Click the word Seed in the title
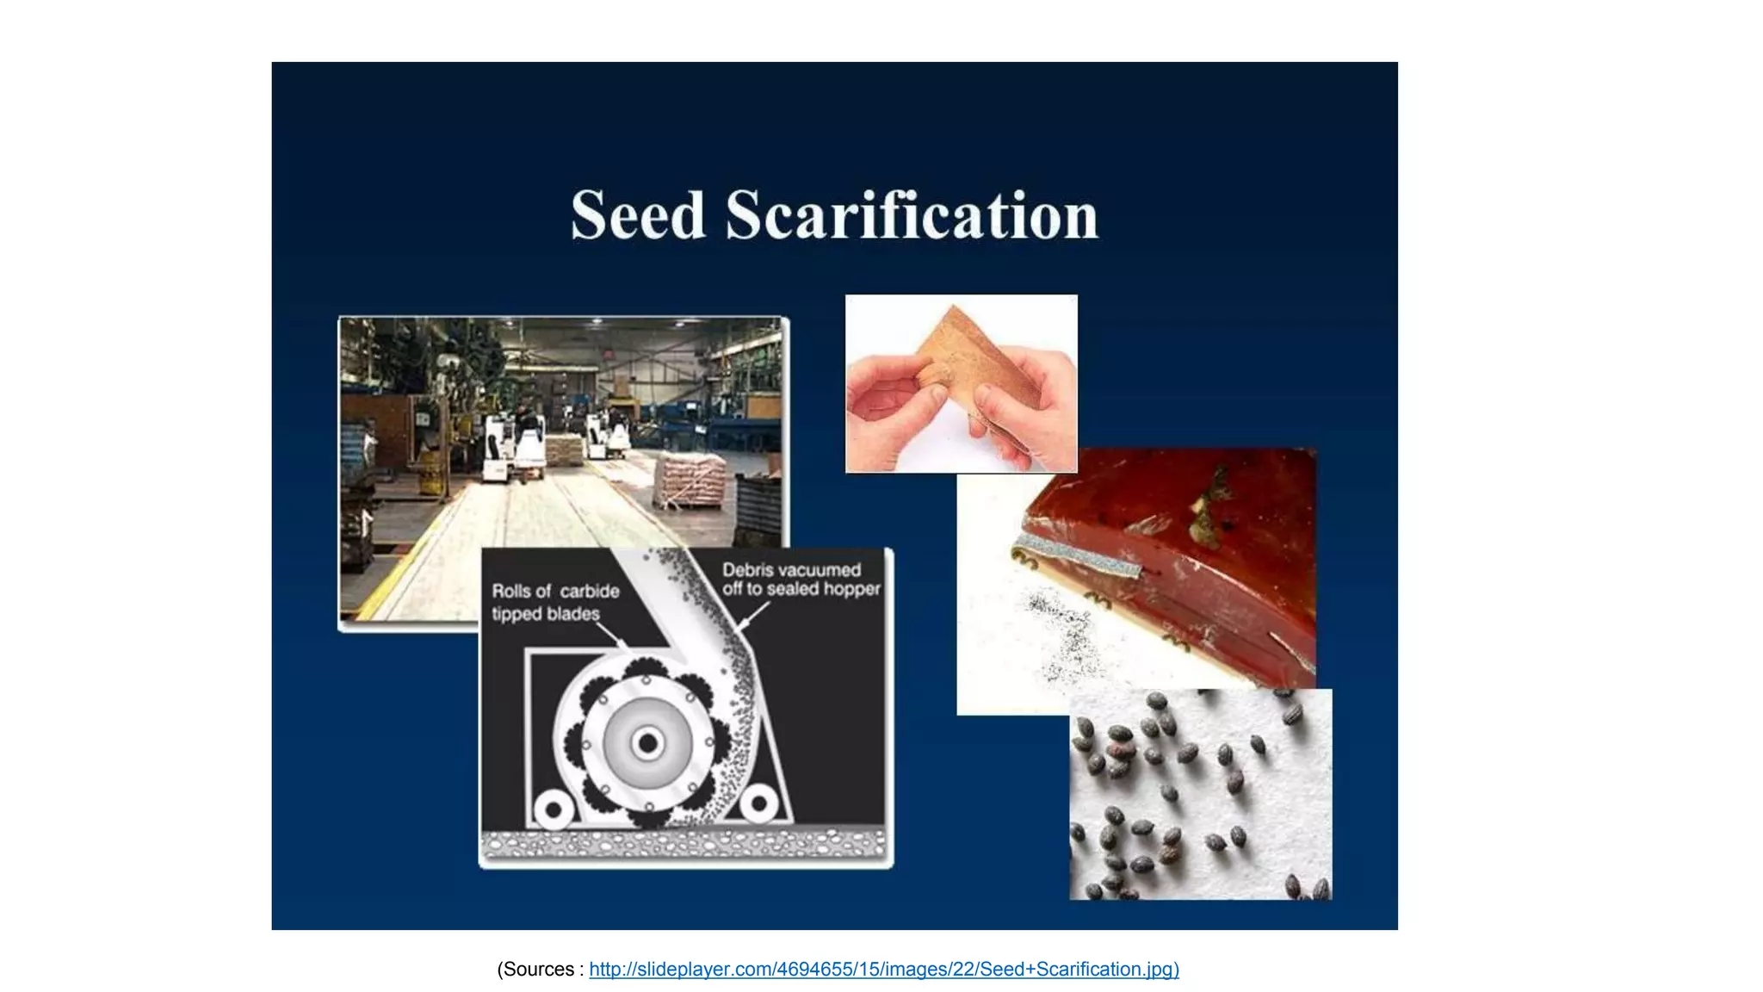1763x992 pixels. click(638, 214)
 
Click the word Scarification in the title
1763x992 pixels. click(912, 214)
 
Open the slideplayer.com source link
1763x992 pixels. click(883, 970)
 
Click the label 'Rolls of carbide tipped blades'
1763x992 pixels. click(555, 602)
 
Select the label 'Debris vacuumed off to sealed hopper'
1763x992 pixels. click(801, 580)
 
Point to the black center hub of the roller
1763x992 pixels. click(647, 742)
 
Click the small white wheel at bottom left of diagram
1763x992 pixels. click(553, 810)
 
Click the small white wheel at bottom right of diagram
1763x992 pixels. click(759, 804)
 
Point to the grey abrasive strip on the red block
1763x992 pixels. click(1076, 555)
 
